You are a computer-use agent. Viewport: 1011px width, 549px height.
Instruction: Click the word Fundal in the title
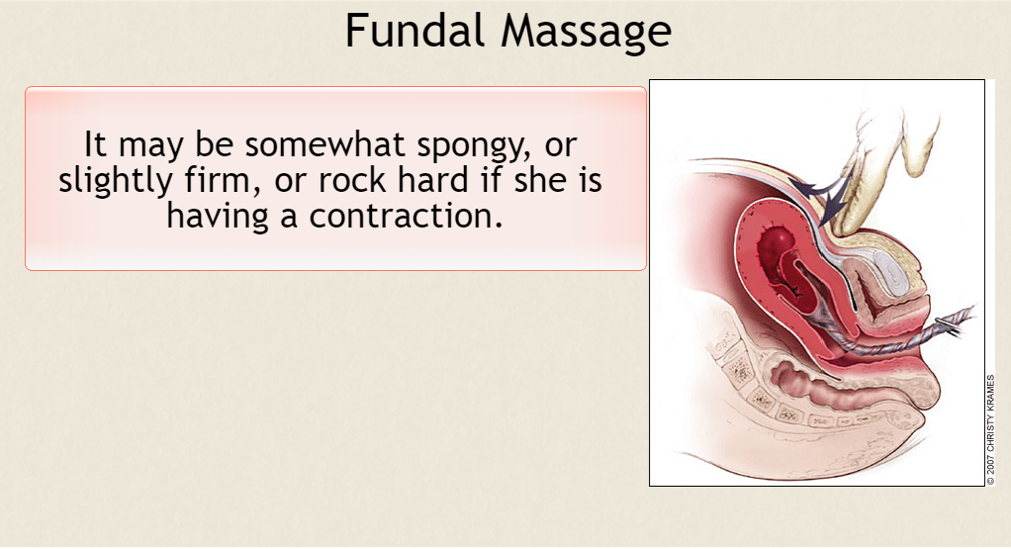click(414, 31)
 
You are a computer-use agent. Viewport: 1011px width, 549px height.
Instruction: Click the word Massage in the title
click(586, 33)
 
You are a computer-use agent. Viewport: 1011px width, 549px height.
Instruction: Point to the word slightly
click(116, 181)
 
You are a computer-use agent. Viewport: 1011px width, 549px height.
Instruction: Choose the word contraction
click(406, 216)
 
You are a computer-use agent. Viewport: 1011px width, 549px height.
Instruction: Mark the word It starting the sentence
click(95, 144)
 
